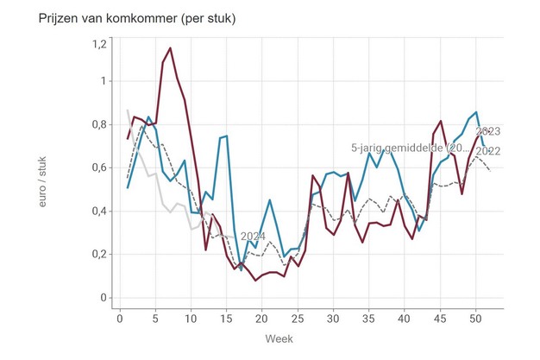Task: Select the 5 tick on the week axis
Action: (x=156, y=319)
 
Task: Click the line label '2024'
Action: (x=253, y=236)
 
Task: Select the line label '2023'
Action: (x=488, y=131)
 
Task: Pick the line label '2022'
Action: (x=490, y=152)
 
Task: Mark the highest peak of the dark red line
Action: (x=170, y=48)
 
